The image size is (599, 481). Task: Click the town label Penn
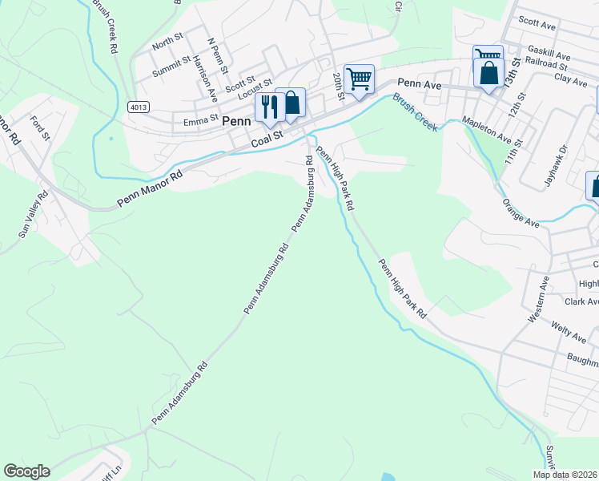point(236,121)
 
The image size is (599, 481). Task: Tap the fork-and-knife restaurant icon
point(268,105)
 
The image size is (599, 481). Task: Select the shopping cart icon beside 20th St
point(360,79)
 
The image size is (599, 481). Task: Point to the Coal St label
point(267,139)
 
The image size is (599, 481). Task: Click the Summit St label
point(171,60)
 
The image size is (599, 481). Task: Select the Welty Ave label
point(570,332)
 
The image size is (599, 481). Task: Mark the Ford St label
point(38,128)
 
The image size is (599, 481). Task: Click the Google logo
point(26,471)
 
